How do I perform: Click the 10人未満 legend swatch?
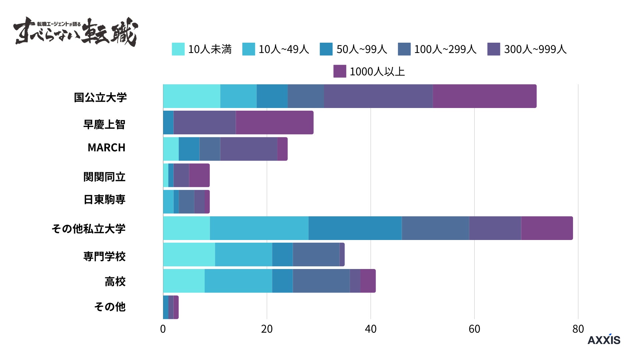[x=178, y=49]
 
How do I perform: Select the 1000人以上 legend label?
[x=377, y=72]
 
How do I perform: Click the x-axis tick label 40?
[x=370, y=329]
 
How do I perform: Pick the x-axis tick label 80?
[x=578, y=329]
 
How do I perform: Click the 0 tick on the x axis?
[x=163, y=329]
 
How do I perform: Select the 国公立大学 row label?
[x=100, y=98]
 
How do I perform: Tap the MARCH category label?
[x=106, y=148]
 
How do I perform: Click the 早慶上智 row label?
[x=104, y=125]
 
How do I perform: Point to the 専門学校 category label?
[x=104, y=257]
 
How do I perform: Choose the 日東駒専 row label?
[x=104, y=200]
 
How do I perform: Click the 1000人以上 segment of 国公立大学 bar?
[x=485, y=96]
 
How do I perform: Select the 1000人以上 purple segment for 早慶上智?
[x=274, y=123]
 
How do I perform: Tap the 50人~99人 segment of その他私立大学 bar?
[x=355, y=228]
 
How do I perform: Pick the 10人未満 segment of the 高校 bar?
[x=184, y=281]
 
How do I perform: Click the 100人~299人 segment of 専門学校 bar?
[x=316, y=255]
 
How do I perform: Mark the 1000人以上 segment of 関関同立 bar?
[x=199, y=175]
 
